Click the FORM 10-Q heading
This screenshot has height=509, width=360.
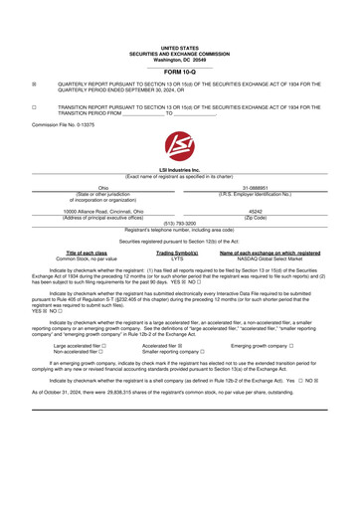[x=179, y=43]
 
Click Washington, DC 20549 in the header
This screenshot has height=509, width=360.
[x=179, y=32]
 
